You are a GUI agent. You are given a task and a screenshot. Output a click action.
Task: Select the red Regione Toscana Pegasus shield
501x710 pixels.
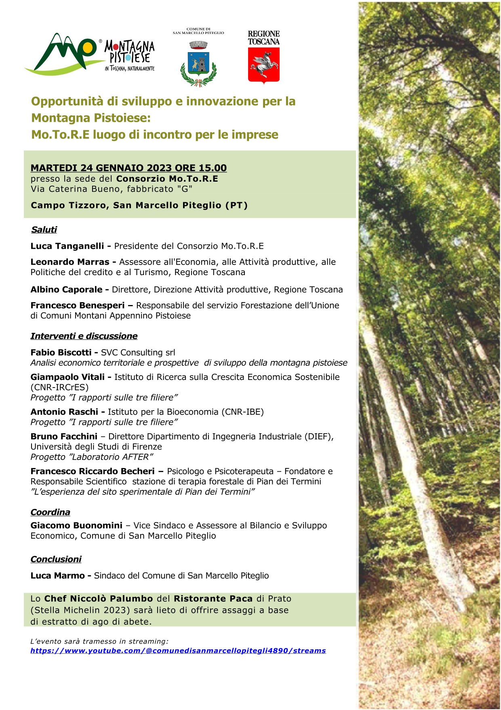[x=263, y=65]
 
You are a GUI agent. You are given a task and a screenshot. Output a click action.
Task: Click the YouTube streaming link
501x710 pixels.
[x=178, y=651]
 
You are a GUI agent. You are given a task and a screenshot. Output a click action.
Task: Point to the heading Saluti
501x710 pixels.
[x=44, y=229]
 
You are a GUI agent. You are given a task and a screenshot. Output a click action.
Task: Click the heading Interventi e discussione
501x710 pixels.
[x=84, y=336]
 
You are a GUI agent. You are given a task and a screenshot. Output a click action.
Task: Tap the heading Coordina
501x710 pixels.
[x=50, y=512]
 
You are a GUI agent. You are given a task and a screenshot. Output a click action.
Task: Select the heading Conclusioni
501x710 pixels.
[x=56, y=559]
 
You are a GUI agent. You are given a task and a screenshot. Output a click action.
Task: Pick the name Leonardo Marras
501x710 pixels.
[x=70, y=262]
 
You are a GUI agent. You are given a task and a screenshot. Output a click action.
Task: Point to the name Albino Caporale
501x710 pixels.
[x=67, y=289]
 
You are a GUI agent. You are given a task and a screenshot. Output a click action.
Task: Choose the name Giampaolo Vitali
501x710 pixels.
[x=67, y=377]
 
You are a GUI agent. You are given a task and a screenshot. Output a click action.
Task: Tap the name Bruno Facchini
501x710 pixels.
[x=64, y=437]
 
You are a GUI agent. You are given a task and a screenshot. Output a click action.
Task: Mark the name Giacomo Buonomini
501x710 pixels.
[x=76, y=526]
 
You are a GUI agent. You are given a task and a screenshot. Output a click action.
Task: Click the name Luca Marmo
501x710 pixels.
[x=57, y=575]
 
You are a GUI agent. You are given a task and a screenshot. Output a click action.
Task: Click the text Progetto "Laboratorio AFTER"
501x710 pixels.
[x=92, y=457]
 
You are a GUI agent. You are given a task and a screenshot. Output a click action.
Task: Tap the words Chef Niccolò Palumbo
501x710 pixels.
[x=99, y=598]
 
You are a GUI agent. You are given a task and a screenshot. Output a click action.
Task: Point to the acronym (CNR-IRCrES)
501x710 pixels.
[x=59, y=387]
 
